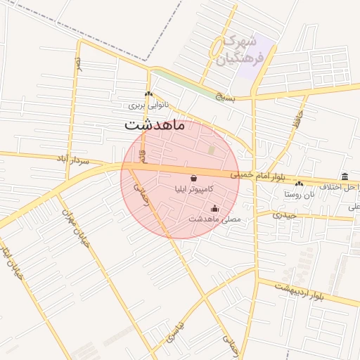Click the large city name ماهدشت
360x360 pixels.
click(x=155, y=127)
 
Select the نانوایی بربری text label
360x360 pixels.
click(x=150, y=105)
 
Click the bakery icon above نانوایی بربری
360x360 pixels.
click(x=148, y=94)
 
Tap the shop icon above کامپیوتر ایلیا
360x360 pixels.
click(x=193, y=179)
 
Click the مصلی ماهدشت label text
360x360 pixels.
click(x=214, y=219)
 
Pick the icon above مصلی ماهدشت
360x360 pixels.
click(x=214, y=208)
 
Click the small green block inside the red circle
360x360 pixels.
click(x=212, y=150)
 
